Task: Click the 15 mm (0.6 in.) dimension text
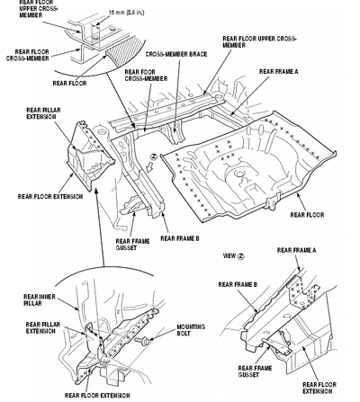coord(126,13)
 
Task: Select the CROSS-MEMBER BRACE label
coord(176,54)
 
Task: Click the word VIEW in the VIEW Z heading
coord(229,256)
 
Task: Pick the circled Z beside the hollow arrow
coord(154,156)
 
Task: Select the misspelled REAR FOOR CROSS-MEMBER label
coord(146,76)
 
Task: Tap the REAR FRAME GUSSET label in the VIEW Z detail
coord(255,371)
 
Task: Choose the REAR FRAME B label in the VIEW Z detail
coord(238,284)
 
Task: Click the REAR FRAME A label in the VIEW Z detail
coord(296,250)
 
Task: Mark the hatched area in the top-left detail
coord(124,51)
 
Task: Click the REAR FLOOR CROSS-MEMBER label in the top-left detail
coord(28,55)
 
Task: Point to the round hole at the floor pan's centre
coord(239,174)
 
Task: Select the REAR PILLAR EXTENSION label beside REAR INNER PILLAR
coord(43,327)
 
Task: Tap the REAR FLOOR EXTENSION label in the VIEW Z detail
coord(319,388)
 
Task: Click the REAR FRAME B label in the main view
coord(180,238)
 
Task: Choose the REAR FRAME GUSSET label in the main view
coord(132,245)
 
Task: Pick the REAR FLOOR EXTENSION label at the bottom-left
coord(97,396)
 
